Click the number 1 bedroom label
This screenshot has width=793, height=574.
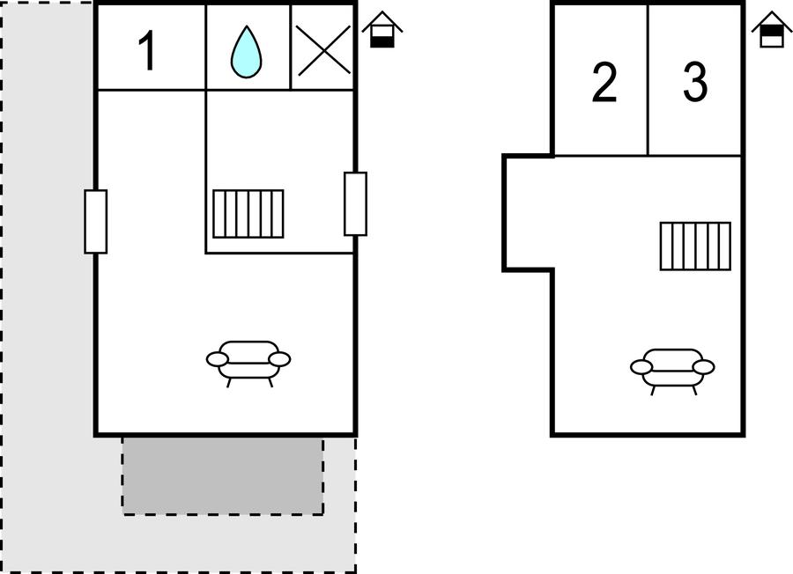point(149,51)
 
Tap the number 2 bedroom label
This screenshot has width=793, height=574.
point(604,84)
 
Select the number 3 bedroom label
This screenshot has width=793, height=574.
point(695,83)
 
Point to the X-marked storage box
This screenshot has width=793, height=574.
point(322,48)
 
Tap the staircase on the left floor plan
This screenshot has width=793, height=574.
point(248,213)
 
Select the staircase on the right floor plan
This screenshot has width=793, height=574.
point(695,246)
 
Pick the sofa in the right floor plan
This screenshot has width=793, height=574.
point(672,369)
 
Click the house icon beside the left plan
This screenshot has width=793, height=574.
point(382,30)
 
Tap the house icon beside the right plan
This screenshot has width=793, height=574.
point(771,30)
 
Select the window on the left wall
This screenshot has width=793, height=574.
point(96,221)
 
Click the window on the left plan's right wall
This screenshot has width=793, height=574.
point(355,203)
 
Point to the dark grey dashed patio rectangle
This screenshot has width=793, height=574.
point(222,475)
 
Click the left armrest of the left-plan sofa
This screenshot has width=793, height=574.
point(218,359)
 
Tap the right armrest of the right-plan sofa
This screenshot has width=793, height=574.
point(703,366)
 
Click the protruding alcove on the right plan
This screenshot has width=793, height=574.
point(527,212)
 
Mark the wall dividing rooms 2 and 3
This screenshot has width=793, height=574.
point(648,79)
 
